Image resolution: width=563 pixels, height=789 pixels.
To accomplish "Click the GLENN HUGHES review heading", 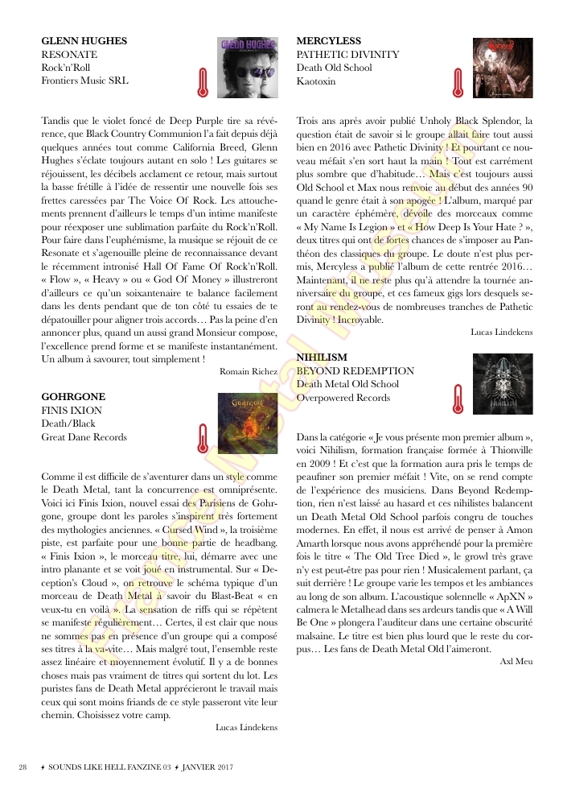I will (x=84, y=41).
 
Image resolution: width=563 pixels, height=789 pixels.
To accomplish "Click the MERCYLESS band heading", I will (x=328, y=41).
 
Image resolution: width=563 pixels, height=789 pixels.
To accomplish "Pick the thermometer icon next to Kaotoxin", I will (x=458, y=81).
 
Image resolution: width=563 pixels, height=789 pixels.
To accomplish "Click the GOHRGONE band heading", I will (x=73, y=397).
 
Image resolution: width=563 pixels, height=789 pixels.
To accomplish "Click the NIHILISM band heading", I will (x=322, y=357).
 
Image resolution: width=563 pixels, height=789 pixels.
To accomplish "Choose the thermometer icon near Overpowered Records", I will (x=458, y=398).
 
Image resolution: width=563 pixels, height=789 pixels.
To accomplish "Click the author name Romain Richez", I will (x=249, y=371).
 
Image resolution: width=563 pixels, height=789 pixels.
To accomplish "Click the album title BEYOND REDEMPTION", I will (x=355, y=370).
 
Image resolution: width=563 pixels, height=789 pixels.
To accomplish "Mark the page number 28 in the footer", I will (x=23, y=766).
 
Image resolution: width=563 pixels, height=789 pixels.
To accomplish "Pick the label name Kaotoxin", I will (x=318, y=81).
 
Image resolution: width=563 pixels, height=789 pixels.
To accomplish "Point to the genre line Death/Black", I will (x=68, y=423).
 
